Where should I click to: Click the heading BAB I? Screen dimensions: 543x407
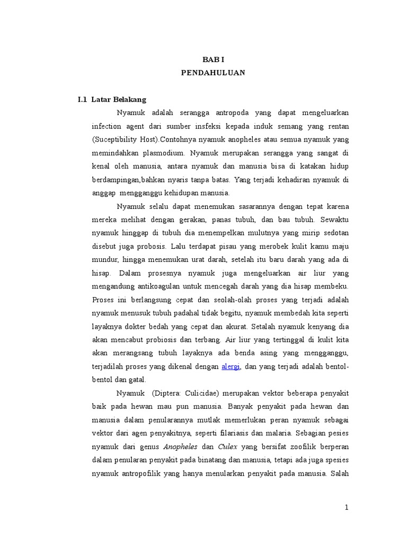(x=213, y=60)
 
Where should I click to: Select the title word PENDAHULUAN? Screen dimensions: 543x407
(x=213, y=73)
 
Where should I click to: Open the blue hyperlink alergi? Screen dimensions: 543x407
(x=231, y=366)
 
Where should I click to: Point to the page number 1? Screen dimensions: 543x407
(x=347, y=507)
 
